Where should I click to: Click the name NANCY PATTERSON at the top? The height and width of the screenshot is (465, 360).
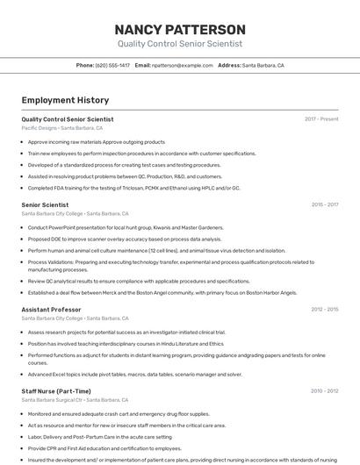[x=180, y=29]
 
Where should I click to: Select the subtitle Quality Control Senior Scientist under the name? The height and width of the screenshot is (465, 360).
[x=180, y=44]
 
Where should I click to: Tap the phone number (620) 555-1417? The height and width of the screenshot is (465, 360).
[x=112, y=65]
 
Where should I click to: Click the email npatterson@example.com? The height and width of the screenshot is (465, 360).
[x=183, y=65]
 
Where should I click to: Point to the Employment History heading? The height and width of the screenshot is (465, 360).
[x=65, y=100]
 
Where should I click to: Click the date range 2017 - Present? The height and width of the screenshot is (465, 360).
[x=321, y=118]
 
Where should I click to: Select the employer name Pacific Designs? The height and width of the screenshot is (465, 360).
[x=40, y=127]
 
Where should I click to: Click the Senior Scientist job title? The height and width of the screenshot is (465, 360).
[x=45, y=204]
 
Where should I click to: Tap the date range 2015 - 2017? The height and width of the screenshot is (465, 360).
[x=324, y=204]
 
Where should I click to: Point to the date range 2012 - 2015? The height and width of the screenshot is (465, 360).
[x=324, y=309]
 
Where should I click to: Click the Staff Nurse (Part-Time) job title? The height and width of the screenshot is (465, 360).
[x=56, y=390]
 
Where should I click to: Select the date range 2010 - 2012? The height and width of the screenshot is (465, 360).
[x=324, y=390]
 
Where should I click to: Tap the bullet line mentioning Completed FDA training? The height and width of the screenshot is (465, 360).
[x=133, y=187]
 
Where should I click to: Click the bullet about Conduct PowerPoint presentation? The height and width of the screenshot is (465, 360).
[x=126, y=227]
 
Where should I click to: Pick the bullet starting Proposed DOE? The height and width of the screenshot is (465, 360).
[x=125, y=239]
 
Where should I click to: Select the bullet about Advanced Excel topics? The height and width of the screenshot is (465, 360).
[x=134, y=374]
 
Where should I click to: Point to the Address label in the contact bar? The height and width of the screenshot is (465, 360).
[x=229, y=65]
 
